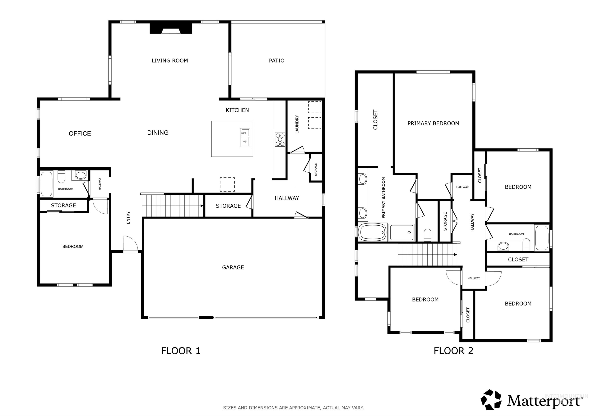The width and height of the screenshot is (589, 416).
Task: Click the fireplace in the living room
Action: [171, 29]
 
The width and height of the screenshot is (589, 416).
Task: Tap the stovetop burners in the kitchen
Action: [280, 139]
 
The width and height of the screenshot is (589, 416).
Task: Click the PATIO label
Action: [276, 61]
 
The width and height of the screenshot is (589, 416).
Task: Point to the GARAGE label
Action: [233, 267]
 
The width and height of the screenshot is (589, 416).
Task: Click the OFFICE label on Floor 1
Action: [80, 133]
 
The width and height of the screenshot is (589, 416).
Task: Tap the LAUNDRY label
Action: [297, 124]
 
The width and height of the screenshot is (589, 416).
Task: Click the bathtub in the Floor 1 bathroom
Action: [47, 184]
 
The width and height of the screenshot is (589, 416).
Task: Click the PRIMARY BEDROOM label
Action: [433, 123]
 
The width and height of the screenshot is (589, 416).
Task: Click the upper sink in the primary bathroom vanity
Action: [363, 179]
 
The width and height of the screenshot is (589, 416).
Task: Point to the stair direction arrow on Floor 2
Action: [455, 255]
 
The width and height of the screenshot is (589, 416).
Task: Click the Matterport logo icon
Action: [491, 400]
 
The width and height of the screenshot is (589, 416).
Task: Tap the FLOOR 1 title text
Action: [181, 351]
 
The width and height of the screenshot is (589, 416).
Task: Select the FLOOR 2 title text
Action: [453, 351]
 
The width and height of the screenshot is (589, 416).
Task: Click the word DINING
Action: [158, 133]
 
